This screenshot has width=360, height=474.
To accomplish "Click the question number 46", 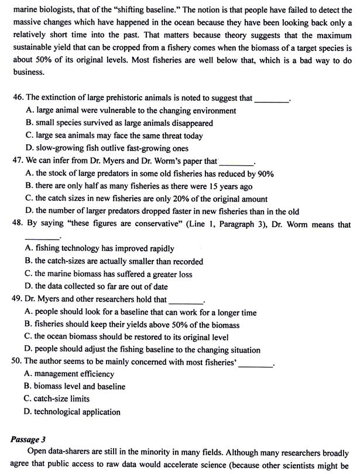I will pos(18,98).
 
